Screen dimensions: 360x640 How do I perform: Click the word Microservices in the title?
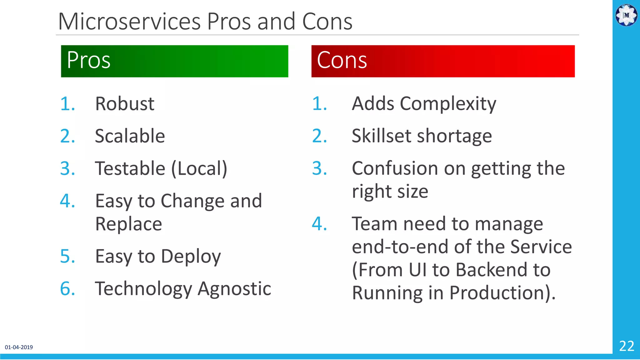(129, 22)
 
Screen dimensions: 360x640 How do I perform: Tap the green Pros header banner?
(174, 61)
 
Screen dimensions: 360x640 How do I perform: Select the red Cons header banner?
(443, 61)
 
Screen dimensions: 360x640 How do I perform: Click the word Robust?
(125, 104)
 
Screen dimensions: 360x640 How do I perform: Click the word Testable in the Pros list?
(130, 168)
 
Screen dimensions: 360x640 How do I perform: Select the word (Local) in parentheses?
(199, 169)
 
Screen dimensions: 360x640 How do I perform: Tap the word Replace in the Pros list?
(128, 224)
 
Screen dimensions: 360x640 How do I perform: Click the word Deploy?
(191, 257)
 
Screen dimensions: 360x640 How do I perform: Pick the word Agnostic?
(234, 289)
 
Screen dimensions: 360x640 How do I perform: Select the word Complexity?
(448, 104)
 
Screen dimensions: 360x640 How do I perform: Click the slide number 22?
(627, 346)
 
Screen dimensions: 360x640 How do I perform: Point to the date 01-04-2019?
(19, 347)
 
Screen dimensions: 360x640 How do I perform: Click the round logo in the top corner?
(626, 15)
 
